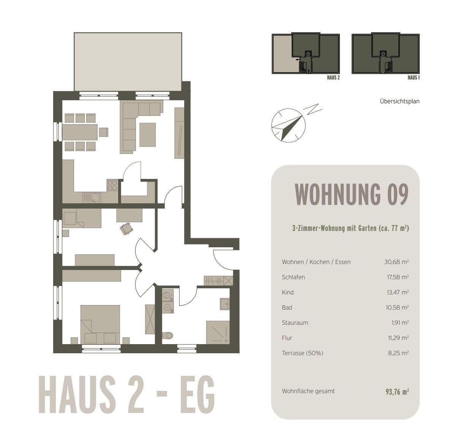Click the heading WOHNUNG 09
(x=351, y=194)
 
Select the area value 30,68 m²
(x=396, y=262)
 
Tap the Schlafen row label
(x=293, y=277)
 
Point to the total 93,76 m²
(x=397, y=392)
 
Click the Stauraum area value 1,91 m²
(x=400, y=322)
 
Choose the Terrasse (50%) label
(x=302, y=353)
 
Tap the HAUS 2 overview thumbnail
(x=306, y=54)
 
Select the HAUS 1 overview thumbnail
(x=386, y=54)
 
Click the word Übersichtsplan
(x=400, y=101)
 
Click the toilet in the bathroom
(x=167, y=335)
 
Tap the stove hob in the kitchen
(x=112, y=185)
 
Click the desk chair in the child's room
(x=126, y=228)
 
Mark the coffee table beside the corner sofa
(x=147, y=134)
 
